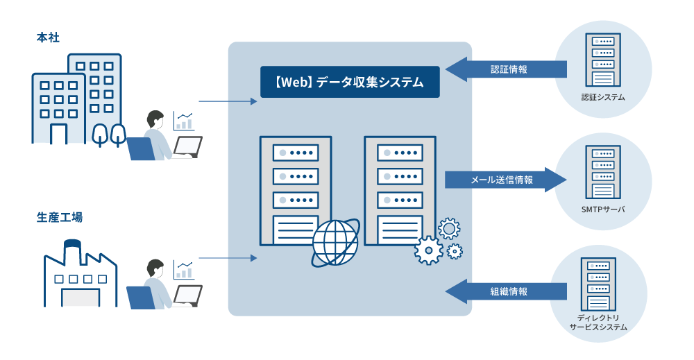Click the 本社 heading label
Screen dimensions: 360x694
48,37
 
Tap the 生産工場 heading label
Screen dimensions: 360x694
60,217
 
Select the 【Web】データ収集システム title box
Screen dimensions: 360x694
350,82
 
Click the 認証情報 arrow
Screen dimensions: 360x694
506,69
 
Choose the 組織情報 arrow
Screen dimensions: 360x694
506,291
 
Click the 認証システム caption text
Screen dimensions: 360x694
603,97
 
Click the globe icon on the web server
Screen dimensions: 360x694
335,243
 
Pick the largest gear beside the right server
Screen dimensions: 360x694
428,250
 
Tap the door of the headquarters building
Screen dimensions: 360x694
59,133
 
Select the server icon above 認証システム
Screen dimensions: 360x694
602,60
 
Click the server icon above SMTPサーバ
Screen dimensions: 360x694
602,171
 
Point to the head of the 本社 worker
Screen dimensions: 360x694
155,119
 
